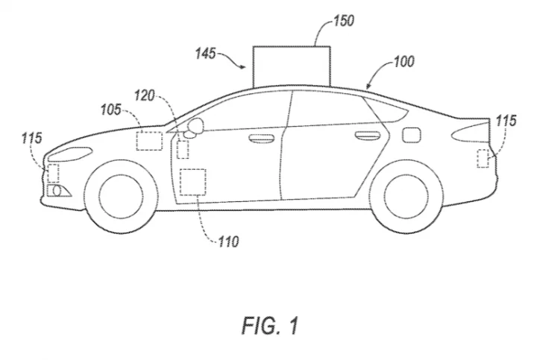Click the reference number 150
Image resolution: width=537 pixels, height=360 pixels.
[x=344, y=21]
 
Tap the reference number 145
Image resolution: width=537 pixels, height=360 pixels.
[x=206, y=54]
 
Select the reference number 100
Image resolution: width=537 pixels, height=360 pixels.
[x=404, y=62]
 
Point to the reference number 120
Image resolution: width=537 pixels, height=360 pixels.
[x=145, y=95]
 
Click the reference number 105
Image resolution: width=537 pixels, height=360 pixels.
[x=111, y=110]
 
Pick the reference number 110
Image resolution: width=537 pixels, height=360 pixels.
[x=228, y=242]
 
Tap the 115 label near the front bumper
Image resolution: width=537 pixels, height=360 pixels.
[x=32, y=138]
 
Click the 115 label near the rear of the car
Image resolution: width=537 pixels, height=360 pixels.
[x=506, y=121]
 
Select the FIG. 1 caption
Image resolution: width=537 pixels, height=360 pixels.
[x=270, y=326]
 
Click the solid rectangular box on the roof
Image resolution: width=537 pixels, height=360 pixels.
[x=292, y=66]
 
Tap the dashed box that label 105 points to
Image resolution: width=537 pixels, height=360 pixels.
[x=149, y=141]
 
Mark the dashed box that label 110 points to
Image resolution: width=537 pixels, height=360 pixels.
[x=193, y=182]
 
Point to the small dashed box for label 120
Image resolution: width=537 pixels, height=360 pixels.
[x=183, y=149]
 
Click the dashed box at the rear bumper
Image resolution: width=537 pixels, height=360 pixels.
[x=483, y=159]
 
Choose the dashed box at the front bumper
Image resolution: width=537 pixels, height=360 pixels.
[x=53, y=173]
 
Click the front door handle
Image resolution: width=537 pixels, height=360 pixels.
[x=262, y=138]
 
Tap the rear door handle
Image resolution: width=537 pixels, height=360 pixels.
[x=368, y=136]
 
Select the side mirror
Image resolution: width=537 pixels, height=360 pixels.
[x=195, y=127]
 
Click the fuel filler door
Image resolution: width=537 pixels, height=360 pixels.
[x=411, y=135]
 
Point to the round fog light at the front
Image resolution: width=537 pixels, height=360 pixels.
[x=57, y=191]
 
